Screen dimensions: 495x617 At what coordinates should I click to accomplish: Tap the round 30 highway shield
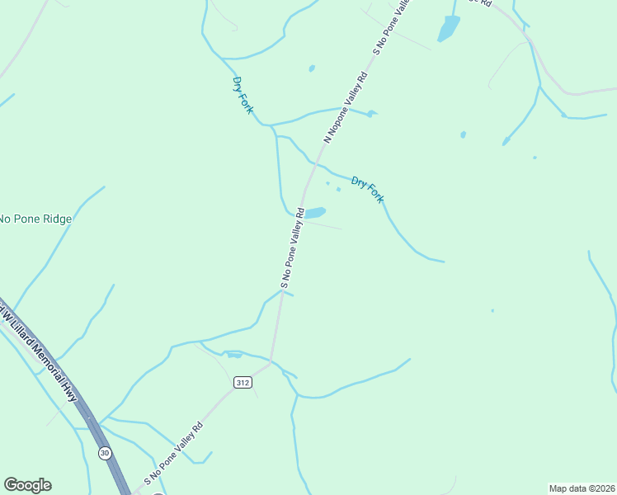point(105,453)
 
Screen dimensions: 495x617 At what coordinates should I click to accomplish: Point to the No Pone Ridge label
point(35,219)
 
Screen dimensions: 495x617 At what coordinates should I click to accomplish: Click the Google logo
point(27,485)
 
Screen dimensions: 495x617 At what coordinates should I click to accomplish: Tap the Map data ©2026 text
point(582,488)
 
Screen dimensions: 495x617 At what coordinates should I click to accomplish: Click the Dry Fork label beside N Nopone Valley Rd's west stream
point(243,95)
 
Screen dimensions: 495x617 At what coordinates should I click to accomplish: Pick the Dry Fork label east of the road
point(367,190)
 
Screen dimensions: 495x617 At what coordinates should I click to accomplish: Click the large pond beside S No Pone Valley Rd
point(315,213)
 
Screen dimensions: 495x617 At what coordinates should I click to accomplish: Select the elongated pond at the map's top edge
point(448,29)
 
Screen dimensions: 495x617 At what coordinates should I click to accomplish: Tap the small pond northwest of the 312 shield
point(234,355)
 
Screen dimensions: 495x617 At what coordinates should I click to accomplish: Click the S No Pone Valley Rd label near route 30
point(173,454)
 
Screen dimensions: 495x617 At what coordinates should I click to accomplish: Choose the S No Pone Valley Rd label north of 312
point(293,247)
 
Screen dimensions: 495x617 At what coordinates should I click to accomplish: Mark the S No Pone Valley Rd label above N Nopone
point(392,26)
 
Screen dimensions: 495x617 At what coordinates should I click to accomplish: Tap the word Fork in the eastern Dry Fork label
point(374,195)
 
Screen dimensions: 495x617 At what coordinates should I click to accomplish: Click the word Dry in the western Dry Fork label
point(238,84)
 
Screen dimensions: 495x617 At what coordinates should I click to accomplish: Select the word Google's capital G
point(11,485)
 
